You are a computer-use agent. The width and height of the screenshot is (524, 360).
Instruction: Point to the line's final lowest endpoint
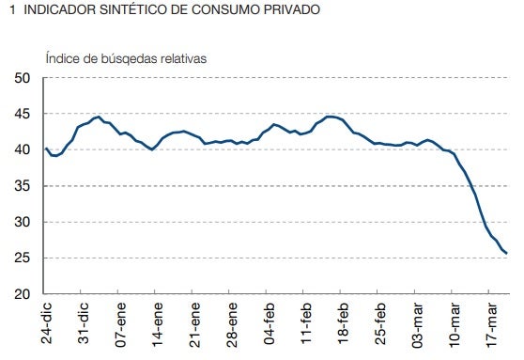[507, 253]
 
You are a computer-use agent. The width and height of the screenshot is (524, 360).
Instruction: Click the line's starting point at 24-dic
[46, 148]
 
